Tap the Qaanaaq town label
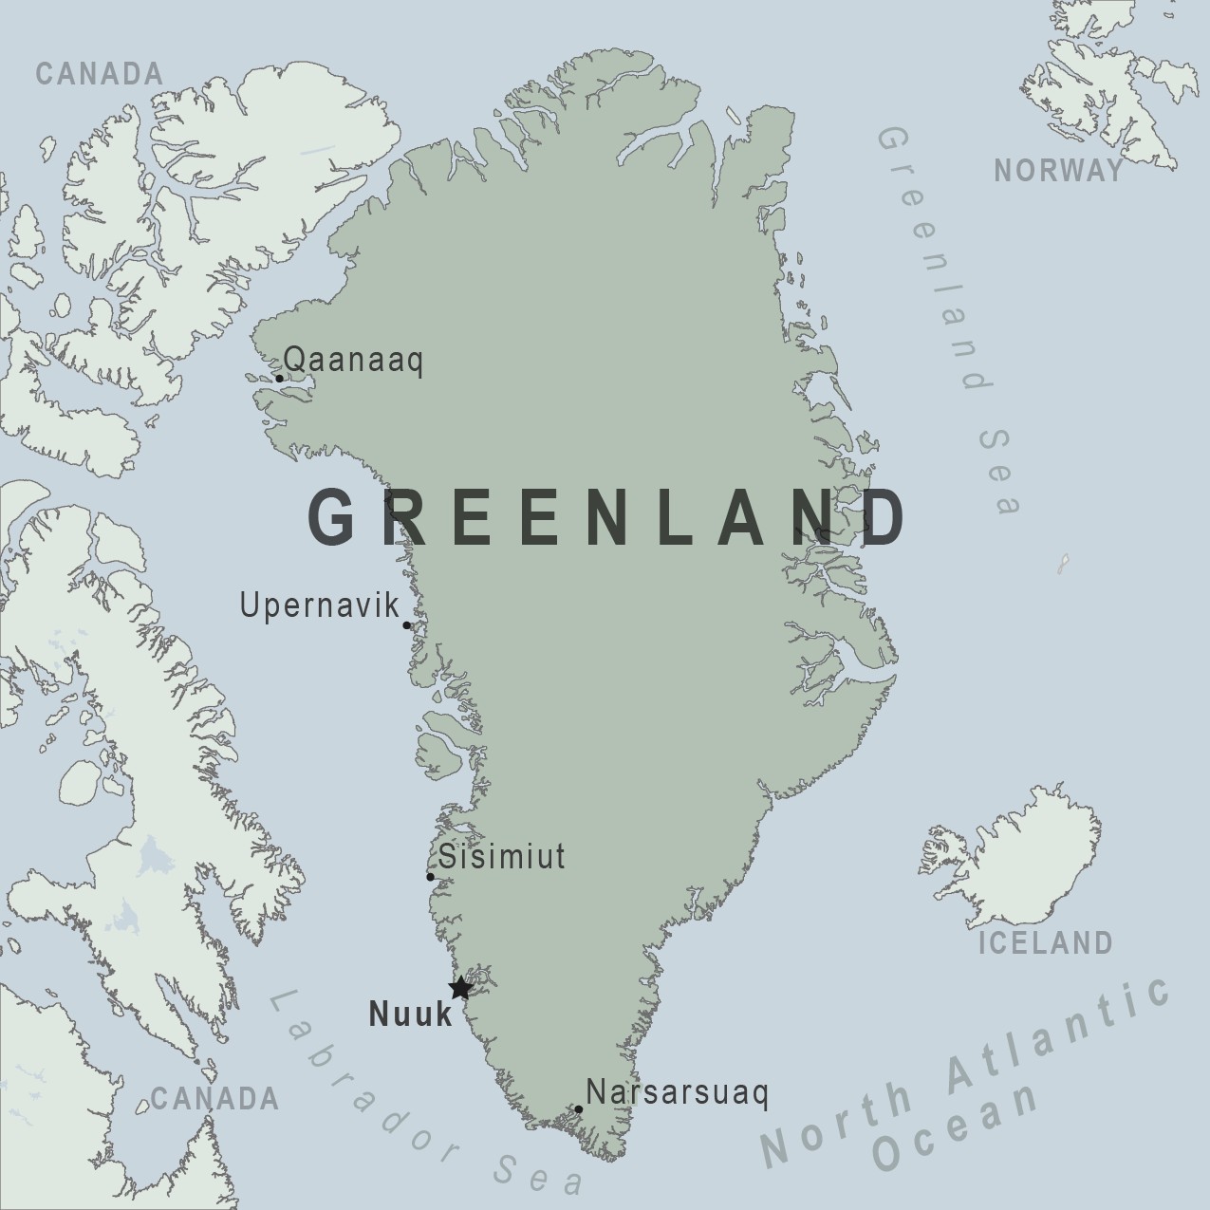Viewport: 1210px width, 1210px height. (353, 361)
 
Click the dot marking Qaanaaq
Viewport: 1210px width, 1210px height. (279, 379)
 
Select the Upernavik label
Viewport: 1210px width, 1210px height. (320, 605)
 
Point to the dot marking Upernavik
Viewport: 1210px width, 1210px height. (407, 625)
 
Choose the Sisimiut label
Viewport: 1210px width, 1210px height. (501, 857)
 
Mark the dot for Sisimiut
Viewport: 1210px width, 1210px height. (430, 877)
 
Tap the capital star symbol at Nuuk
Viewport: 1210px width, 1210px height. (460, 988)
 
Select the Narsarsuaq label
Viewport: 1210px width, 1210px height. (677, 1092)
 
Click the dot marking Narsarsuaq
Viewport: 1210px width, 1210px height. (579, 1109)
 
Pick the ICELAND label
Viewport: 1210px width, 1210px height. (1045, 943)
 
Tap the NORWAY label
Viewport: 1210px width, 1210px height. (1058, 171)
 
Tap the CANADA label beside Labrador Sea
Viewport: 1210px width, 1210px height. (214, 1099)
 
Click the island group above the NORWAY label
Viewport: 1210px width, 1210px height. (1110, 85)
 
